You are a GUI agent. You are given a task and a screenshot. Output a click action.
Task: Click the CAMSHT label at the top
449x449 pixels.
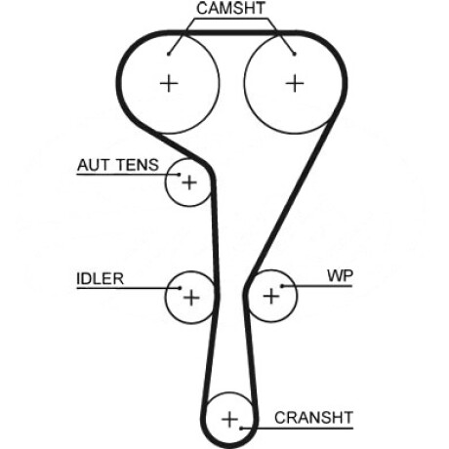point(231,8)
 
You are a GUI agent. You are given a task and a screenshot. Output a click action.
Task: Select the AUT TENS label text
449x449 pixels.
point(118,165)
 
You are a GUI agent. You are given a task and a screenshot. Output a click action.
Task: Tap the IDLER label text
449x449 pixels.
point(101,279)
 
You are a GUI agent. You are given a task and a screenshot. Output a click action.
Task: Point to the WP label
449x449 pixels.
point(340,276)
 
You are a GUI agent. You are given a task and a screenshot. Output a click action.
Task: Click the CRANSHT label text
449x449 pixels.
point(313,418)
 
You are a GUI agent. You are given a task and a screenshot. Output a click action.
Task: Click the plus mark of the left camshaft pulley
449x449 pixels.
point(169,84)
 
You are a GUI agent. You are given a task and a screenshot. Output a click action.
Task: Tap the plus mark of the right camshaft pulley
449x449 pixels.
point(295,84)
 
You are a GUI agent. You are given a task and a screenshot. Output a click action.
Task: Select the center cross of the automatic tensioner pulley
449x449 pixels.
point(189,183)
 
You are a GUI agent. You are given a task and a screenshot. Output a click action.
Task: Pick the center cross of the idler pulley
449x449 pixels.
point(191,298)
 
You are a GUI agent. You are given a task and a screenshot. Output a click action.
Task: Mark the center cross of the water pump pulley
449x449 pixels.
point(271,297)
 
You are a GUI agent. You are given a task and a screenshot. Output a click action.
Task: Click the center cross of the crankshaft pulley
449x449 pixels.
point(229,419)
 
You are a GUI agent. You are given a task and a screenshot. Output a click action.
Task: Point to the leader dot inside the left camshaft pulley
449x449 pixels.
point(169,54)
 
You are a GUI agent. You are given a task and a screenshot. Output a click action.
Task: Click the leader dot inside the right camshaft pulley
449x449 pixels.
point(295,54)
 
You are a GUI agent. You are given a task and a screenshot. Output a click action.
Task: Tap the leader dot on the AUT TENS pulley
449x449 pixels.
point(179,175)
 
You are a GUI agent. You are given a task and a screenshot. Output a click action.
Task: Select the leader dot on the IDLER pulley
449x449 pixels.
point(180,288)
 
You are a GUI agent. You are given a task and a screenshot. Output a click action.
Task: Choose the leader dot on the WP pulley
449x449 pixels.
point(283,286)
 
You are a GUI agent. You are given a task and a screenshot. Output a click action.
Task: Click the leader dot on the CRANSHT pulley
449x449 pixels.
point(241,429)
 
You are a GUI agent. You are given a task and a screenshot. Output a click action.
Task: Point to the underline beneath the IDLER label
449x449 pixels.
point(128,288)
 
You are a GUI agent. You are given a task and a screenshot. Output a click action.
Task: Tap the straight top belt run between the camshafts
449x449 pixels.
point(231,32)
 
